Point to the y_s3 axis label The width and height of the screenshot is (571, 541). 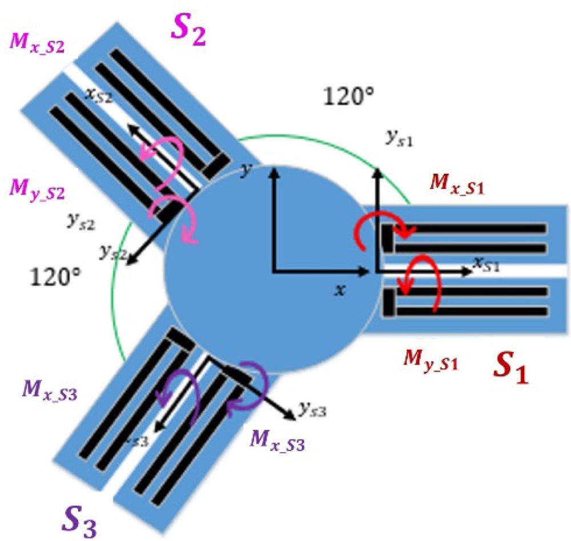pyautogui.click(x=312, y=409)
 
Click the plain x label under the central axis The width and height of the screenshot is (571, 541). pyautogui.click(x=340, y=290)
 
